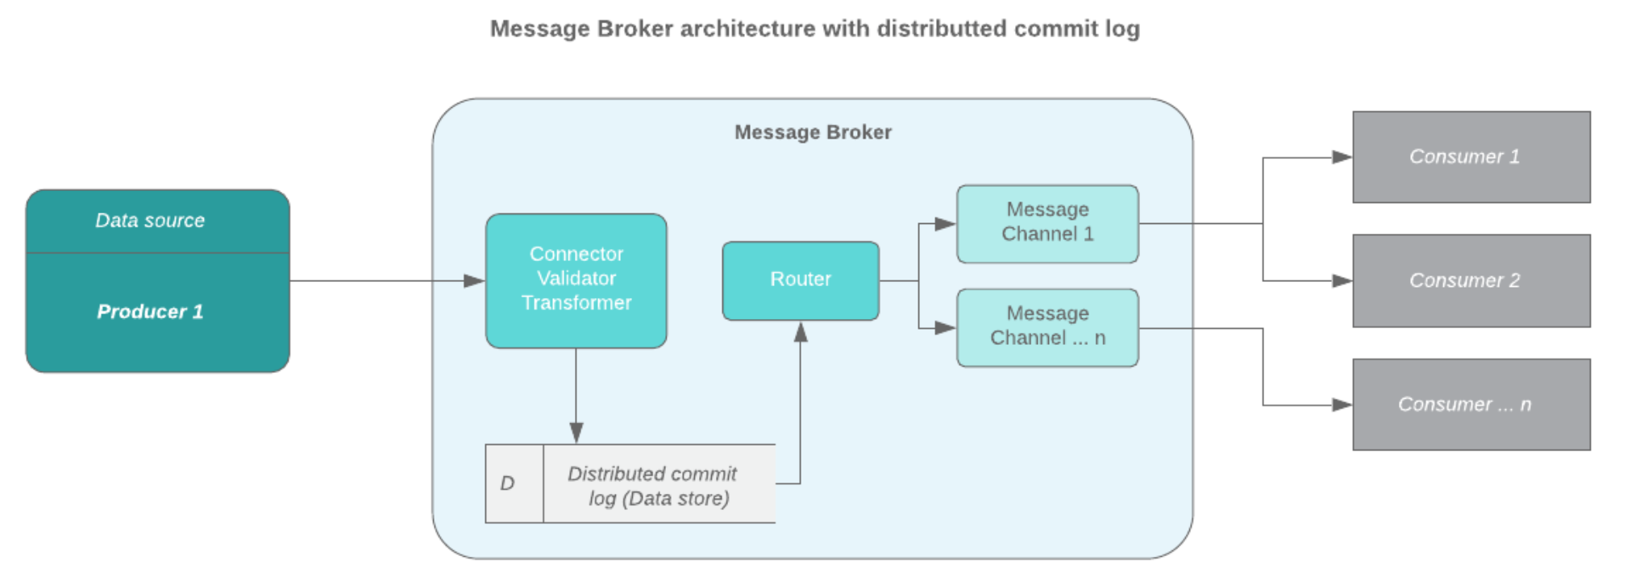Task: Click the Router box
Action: click(x=800, y=280)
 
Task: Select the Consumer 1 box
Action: click(x=1471, y=156)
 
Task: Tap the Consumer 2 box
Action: click(x=1471, y=280)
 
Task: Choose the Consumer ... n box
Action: click(x=1471, y=405)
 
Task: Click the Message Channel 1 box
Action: click(x=1047, y=222)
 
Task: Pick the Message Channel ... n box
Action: click(x=1047, y=326)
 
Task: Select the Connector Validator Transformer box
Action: click(x=576, y=279)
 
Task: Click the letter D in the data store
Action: click(x=507, y=483)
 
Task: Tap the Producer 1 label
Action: click(x=150, y=312)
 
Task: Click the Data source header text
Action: click(x=150, y=221)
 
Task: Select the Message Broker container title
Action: click(x=813, y=132)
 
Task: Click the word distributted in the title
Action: click(x=942, y=29)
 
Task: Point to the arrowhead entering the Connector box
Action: click(x=475, y=281)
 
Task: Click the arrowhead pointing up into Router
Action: click(x=801, y=332)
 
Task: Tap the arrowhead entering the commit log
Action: click(x=576, y=433)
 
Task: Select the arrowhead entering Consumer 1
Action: click(x=1342, y=157)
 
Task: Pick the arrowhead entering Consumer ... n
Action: click(x=1342, y=405)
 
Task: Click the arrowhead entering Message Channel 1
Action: click(x=946, y=224)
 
